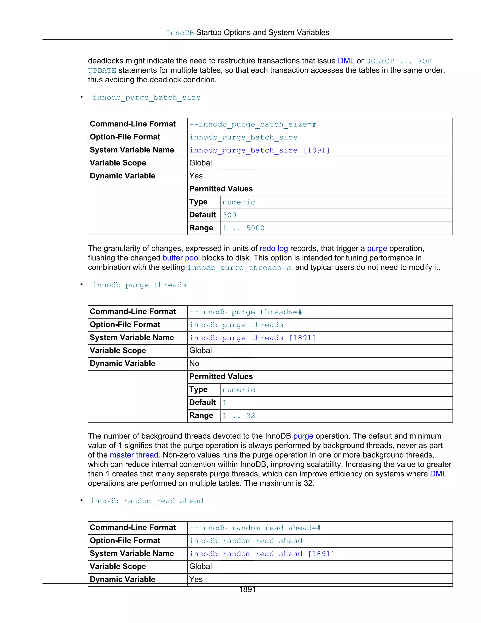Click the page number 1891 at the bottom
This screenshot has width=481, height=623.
tap(247, 589)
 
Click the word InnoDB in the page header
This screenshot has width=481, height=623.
tap(180, 33)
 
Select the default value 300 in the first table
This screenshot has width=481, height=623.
tap(229, 215)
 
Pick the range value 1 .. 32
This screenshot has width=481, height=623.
tap(239, 416)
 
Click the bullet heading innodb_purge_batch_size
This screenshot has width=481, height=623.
tap(147, 98)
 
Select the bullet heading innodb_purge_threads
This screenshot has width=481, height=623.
tap(139, 285)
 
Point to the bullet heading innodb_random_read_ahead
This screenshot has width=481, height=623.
tap(147, 501)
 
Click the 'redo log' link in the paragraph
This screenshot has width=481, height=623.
tap(274, 248)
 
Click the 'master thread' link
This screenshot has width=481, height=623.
tap(134, 455)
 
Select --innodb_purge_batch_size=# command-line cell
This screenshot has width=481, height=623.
tap(252, 124)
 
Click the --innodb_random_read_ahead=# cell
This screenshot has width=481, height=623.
tap(255, 528)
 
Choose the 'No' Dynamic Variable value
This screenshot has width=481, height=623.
tap(194, 363)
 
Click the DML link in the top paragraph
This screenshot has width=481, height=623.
tap(346, 61)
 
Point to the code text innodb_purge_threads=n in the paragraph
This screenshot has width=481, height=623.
tap(239, 268)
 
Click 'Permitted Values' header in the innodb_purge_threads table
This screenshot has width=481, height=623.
tap(221, 377)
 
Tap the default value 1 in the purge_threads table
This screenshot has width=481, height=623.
tap(225, 403)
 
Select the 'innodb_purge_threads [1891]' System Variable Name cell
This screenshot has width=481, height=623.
tap(252, 338)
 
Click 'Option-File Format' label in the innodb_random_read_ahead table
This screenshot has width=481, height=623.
tap(125, 540)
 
